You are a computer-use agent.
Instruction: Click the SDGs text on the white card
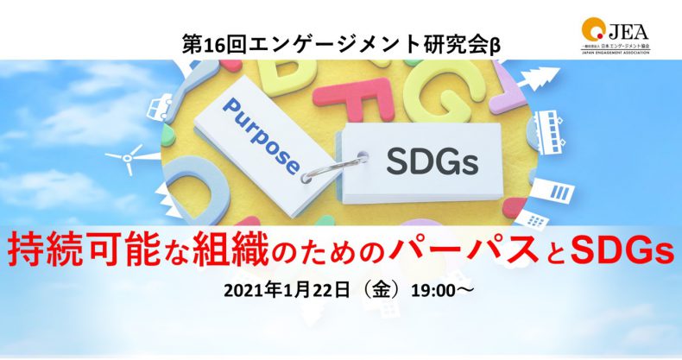tap(433, 162)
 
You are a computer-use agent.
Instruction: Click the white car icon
tap(161, 107)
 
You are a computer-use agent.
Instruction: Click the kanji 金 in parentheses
tap(381, 291)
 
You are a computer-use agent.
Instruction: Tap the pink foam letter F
tap(363, 100)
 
